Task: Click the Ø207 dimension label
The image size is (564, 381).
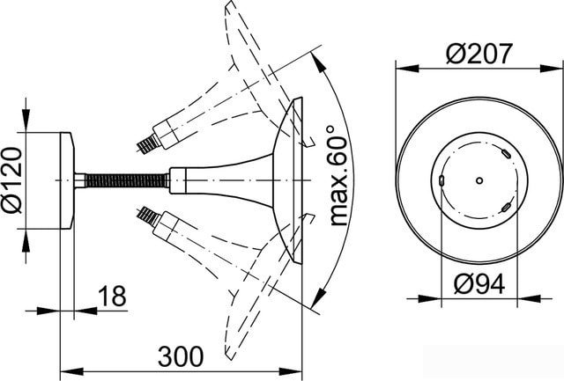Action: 479,54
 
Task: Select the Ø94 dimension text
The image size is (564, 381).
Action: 479,283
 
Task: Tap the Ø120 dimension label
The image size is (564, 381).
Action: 11,180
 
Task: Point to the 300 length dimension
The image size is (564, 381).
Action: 181,356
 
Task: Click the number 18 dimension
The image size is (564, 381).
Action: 112,296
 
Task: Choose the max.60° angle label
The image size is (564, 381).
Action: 338,176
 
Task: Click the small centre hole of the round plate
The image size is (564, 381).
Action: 479,180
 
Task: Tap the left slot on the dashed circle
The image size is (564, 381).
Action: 442,180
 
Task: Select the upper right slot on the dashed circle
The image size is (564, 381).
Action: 505,154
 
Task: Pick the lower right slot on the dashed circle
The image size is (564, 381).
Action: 505,207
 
